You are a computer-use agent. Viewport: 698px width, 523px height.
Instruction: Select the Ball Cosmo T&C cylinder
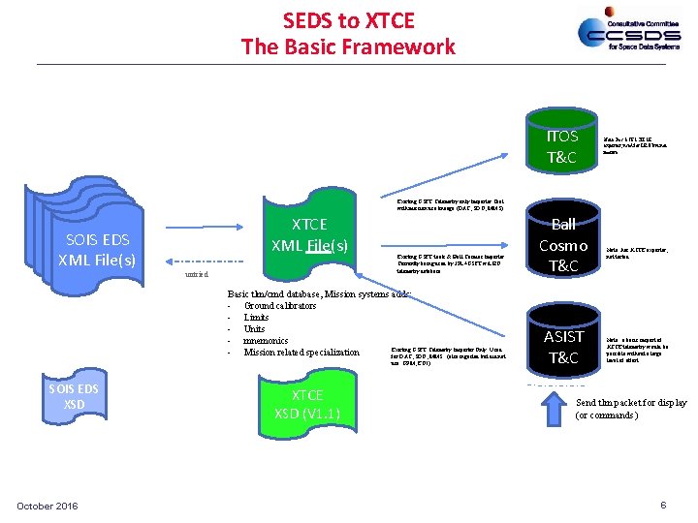tap(562, 245)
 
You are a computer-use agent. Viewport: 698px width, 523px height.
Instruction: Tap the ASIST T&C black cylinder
tap(563, 346)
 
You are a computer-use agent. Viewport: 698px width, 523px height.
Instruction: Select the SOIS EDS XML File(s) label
tap(97, 250)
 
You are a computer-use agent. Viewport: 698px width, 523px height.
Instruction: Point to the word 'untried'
tap(197, 275)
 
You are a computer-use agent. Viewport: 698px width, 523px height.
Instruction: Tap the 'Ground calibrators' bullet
tap(280, 306)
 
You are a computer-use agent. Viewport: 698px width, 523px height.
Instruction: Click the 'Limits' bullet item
tap(257, 318)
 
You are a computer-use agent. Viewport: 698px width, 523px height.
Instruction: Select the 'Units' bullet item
tap(256, 329)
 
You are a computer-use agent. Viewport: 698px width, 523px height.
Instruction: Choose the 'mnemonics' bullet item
tap(266, 341)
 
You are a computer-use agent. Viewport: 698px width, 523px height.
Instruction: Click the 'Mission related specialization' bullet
tap(301, 353)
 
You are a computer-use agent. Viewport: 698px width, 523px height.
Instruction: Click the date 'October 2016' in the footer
tap(48, 506)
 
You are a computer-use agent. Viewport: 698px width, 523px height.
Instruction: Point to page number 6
tap(663, 505)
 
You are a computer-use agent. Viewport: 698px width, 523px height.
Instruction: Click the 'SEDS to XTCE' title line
tap(348, 19)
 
